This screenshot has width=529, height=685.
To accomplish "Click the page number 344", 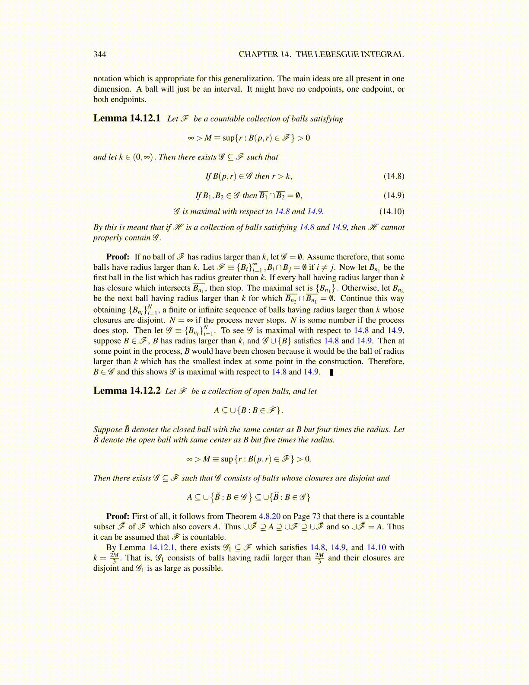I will coord(100,54).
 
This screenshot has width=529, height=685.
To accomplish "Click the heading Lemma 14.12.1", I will coord(127,118).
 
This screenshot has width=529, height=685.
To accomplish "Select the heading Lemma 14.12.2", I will coord(127,391).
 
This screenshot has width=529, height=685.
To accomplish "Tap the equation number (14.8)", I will coord(394,176).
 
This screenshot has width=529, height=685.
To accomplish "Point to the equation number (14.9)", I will coord(394,195).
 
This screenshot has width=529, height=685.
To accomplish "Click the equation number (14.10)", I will coord(392,211).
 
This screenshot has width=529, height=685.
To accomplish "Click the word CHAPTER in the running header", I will coord(258,54).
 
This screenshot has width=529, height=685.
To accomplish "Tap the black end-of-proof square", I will coord(331,372).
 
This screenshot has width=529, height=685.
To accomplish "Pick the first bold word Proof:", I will coord(118,257).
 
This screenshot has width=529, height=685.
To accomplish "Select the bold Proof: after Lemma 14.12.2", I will coord(118,516).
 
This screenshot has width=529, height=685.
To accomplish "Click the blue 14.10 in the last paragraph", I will coord(376,547).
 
